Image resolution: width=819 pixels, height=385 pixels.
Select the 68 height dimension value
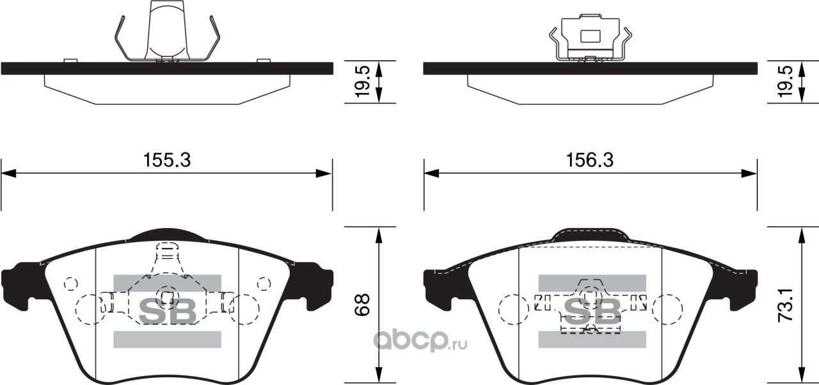click(363, 305)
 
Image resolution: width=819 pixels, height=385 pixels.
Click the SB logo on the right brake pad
click(591, 311)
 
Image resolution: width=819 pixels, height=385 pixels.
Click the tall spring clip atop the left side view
click(167, 32)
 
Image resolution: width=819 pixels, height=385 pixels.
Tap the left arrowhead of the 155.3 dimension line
click(8, 173)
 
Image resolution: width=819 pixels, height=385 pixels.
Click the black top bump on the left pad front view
click(166, 234)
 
